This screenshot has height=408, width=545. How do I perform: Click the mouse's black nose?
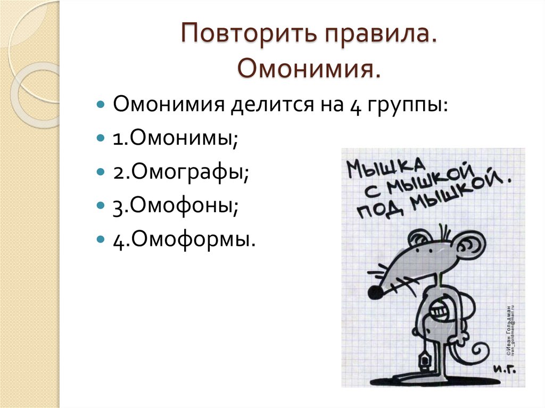coord(375,292)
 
